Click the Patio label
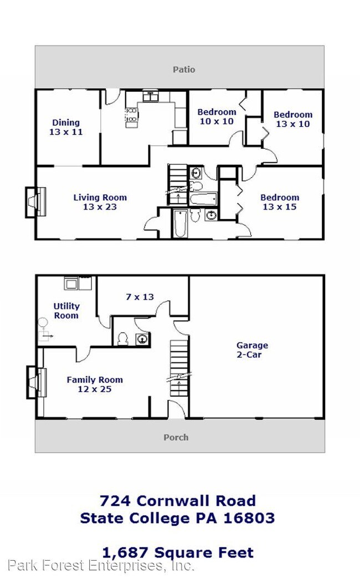coord(184,70)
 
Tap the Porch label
coord(176,437)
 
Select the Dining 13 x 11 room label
coord(66,127)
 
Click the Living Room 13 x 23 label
coord(100,202)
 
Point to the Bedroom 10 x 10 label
coord(217,116)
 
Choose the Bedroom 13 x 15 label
coord(280,202)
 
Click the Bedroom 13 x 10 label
coord(293,119)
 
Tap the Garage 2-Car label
coord(252,350)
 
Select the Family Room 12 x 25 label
coord(95,384)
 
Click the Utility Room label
coord(66,310)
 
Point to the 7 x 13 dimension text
coord(140,297)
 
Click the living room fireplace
coord(34,202)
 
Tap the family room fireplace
coord(34,382)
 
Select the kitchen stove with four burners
coord(132,117)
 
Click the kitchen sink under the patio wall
coord(150,96)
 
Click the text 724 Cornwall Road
coord(178,501)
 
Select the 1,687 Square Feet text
coord(178,552)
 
